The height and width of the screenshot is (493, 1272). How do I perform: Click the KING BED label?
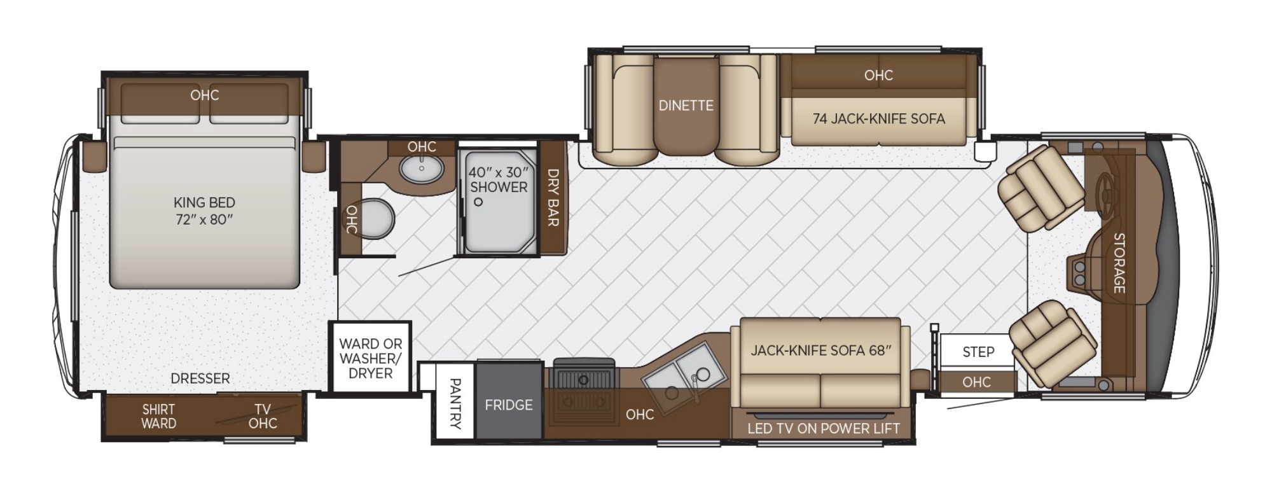click(x=204, y=202)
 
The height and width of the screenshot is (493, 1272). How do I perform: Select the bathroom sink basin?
click(x=422, y=169)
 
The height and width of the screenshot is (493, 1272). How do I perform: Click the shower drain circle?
click(x=478, y=202)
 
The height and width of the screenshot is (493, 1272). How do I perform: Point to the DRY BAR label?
click(x=553, y=197)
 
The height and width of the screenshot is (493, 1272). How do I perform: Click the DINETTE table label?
click(x=686, y=106)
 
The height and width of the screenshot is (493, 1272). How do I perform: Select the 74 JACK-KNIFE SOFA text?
click(x=878, y=118)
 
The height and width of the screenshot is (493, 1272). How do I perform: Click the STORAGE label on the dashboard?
click(x=1119, y=263)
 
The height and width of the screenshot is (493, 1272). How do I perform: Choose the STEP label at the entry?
click(x=978, y=352)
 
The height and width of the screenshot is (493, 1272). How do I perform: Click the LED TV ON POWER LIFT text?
click(x=824, y=429)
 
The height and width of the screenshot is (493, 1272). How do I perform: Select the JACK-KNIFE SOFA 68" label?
click(x=821, y=350)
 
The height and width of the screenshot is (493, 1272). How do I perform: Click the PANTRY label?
click(x=455, y=403)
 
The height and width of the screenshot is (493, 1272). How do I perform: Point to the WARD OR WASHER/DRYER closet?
click(x=370, y=358)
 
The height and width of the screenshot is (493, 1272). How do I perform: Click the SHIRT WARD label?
click(x=158, y=417)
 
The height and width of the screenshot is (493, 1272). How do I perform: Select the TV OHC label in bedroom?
click(x=263, y=417)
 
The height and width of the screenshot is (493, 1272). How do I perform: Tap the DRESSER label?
click(x=200, y=378)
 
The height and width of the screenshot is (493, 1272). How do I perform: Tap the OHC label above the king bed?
click(x=205, y=95)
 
